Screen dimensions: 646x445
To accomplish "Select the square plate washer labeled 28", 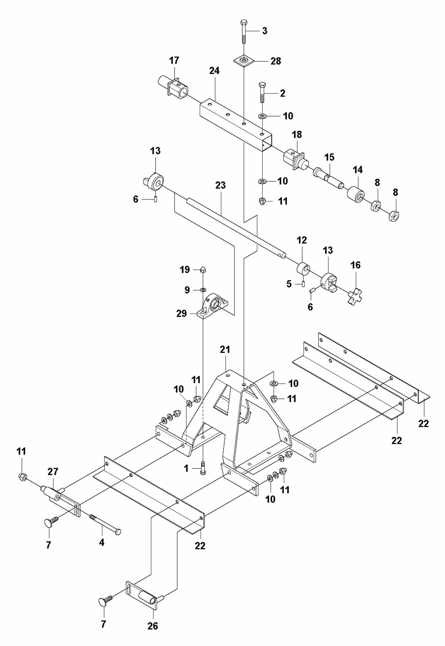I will [244, 61].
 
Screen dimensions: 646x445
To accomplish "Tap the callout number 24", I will [214, 71].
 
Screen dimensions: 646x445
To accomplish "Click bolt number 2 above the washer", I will [262, 92].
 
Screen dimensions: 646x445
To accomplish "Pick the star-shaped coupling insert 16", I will [355, 297].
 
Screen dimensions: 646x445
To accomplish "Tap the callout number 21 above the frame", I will [225, 350].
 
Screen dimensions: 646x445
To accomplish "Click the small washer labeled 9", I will [203, 290].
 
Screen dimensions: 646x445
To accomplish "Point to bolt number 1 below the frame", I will [203, 468].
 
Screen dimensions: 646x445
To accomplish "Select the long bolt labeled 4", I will [105, 524].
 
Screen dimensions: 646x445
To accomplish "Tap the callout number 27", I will [53, 471].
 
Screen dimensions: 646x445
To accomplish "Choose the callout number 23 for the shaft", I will [220, 186].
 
